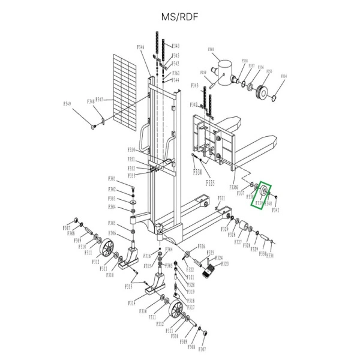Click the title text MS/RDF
179,17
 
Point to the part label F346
140,47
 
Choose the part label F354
284,77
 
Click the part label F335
211,181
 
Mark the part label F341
276,210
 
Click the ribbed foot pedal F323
209,274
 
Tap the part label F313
128,287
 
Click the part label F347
99,100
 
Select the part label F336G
234,188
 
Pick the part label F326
202,247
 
